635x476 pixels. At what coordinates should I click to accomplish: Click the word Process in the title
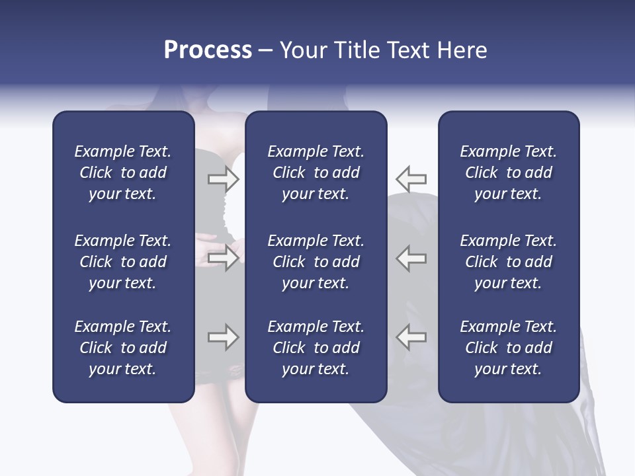(x=208, y=50)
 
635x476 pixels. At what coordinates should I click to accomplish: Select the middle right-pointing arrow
(x=223, y=258)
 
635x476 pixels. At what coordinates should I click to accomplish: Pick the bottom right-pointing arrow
(x=223, y=337)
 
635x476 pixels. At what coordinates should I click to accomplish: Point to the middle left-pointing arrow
(x=411, y=258)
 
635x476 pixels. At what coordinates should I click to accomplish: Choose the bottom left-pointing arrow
(x=411, y=337)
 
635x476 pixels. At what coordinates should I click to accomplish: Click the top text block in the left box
(x=123, y=173)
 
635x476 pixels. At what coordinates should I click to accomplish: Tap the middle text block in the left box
(x=123, y=262)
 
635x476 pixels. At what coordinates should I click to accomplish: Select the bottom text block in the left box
(x=123, y=348)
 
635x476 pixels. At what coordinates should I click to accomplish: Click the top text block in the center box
(x=316, y=173)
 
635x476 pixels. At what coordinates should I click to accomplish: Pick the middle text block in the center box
(x=316, y=262)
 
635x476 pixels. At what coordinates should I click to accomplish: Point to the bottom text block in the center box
(x=316, y=348)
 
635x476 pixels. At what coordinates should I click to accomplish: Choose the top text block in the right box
(x=508, y=173)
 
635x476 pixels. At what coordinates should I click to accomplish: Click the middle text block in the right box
(x=508, y=262)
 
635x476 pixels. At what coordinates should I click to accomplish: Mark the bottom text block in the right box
(x=508, y=348)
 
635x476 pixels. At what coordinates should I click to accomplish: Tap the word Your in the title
(x=301, y=50)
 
